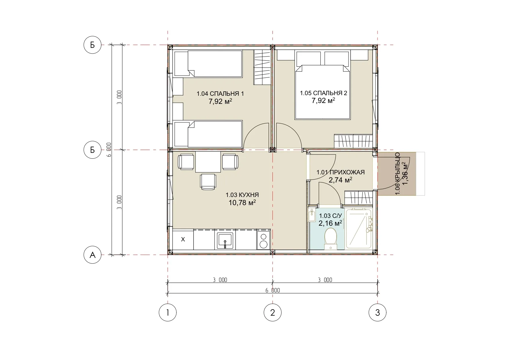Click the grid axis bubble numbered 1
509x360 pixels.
(168, 312)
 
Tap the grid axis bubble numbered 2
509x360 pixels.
(272, 312)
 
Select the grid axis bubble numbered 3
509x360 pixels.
(378, 312)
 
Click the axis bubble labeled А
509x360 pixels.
(93, 255)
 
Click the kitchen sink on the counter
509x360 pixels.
(225, 241)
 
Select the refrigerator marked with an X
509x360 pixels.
(183, 239)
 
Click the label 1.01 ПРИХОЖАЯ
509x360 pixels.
(340, 172)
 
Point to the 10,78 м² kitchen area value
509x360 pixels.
(242, 202)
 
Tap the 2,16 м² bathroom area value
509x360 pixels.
(330, 223)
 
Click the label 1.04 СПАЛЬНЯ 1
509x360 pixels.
(220, 94)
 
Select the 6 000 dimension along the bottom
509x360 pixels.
(272, 290)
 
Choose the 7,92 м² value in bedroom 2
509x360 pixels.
(323, 100)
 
